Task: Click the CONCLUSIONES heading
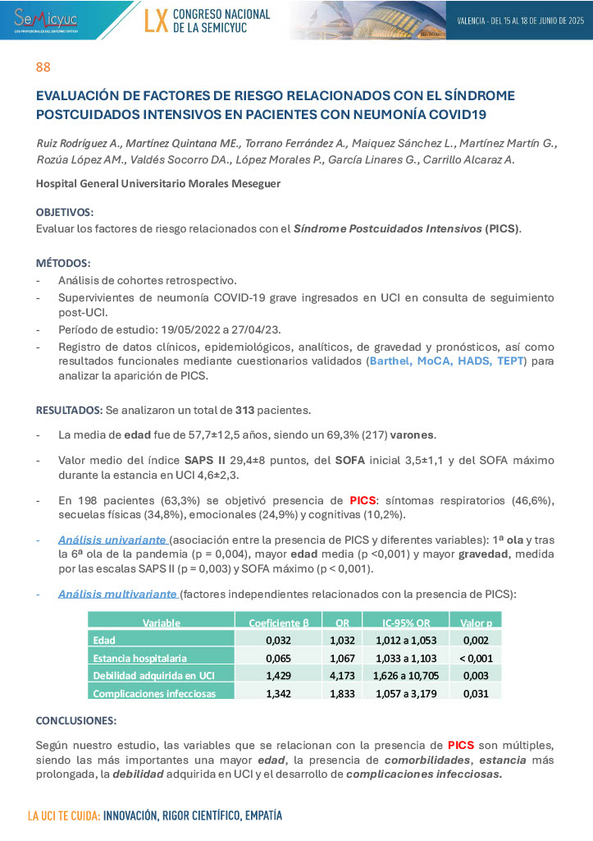tap(76, 720)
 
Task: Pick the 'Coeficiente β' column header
tap(278, 623)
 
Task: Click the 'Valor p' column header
tap(475, 623)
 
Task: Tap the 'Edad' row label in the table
tap(104, 640)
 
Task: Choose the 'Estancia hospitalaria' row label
tap(140, 658)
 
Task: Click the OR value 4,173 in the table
tap(341, 676)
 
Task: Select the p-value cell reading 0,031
tap(476, 694)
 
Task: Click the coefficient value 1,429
tap(278, 676)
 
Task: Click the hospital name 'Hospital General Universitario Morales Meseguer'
tap(158, 183)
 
